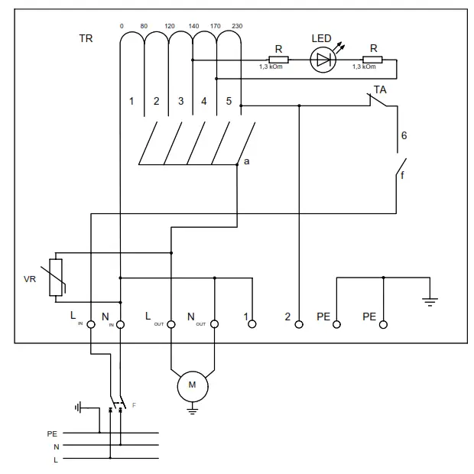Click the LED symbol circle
pyautogui.click(x=323, y=60)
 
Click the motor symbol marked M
pyautogui.click(x=193, y=385)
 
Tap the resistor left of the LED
pyautogui.click(x=278, y=59)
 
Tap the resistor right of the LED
pyautogui.click(x=373, y=59)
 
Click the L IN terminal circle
pyautogui.click(x=91, y=324)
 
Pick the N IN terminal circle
pyautogui.click(x=121, y=324)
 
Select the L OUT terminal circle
pyautogui.click(x=171, y=324)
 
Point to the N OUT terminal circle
pyautogui.click(x=215, y=324)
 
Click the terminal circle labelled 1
pyautogui.click(x=252, y=324)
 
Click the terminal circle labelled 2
pyautogui.click(x=299, y=324)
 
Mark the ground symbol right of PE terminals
pyautogui.click(x=430, y=300)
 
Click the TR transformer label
pyautogui.click(x=86, y=38)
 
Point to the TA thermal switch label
pyautogui.click(x=380, y=89)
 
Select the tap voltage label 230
pyautogui.click(x=238, y=27)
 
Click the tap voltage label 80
pyautogui.click(x=144, y=27)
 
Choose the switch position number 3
pyautogui.click(x=180, y=101)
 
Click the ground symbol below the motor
pyautogui.click(x=193, y=411)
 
